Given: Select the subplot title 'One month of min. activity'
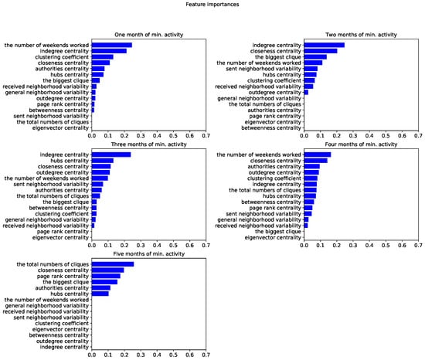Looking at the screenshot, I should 148,35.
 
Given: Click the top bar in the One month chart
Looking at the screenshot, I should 112,45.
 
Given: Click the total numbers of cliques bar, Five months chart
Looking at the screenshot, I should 113,264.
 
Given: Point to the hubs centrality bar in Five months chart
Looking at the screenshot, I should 100,294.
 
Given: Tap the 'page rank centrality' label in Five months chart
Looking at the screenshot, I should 61,276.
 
